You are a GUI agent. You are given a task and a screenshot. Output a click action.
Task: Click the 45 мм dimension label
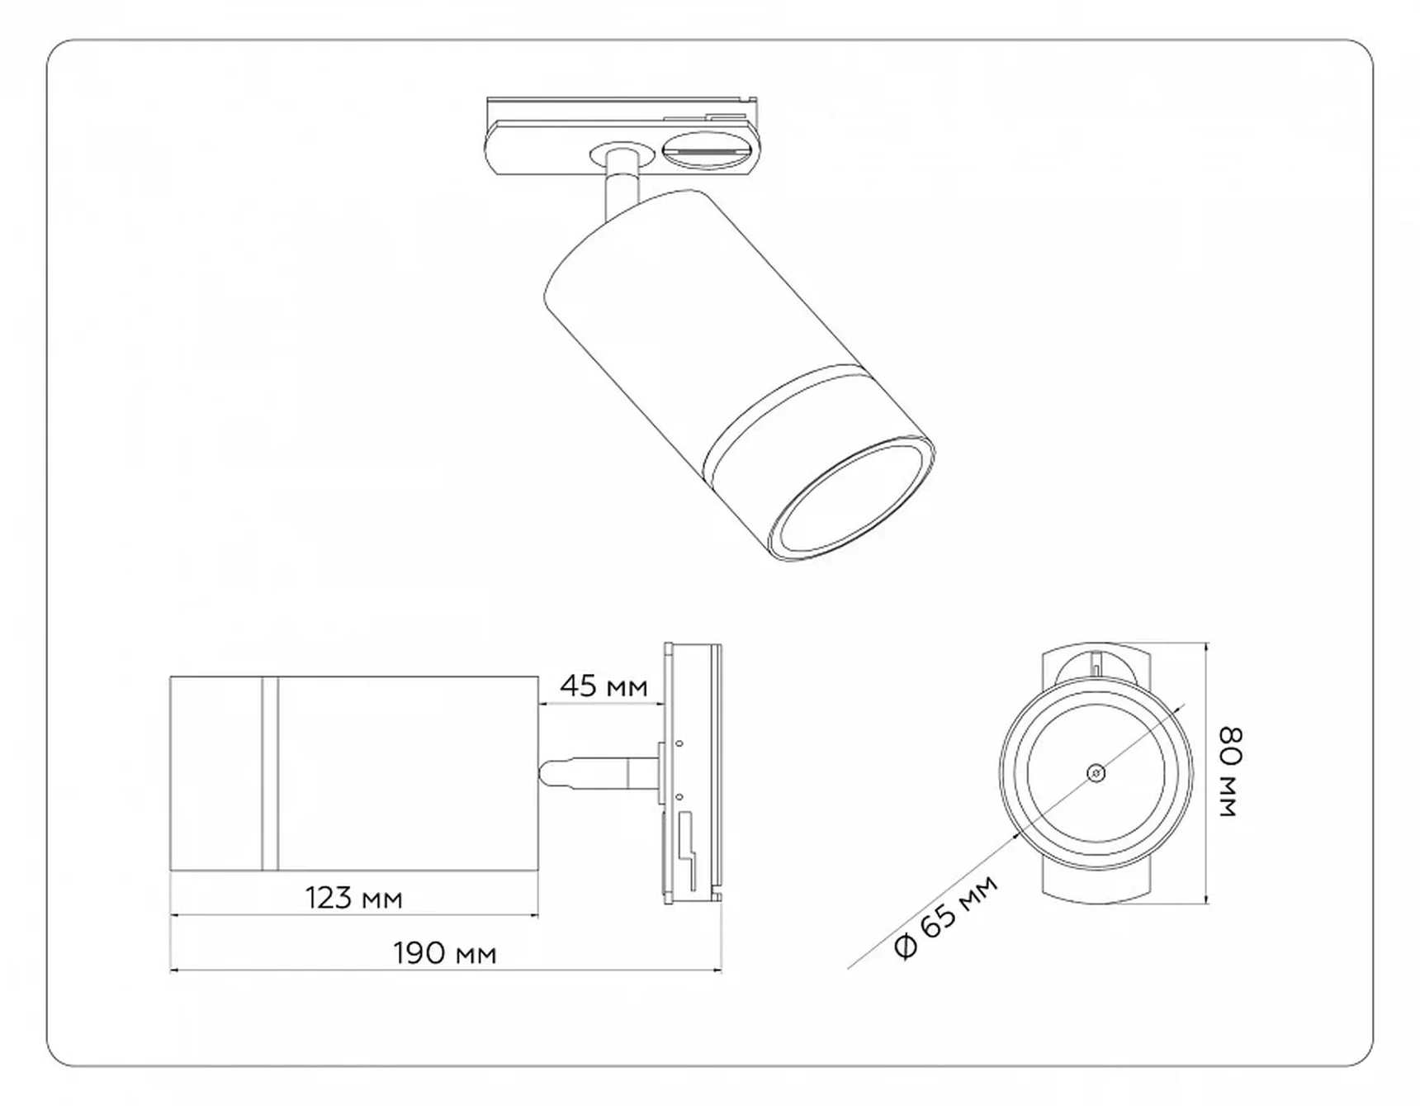[x=603, y=686]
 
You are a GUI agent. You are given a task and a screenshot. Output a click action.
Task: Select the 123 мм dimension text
[x=353, y=898]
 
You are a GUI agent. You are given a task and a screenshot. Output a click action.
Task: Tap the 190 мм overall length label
[x=445, y=954]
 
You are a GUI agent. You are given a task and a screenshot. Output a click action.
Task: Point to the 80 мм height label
[x=1231, y=772]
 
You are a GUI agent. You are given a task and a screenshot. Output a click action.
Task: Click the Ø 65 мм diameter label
[x=946, y=916]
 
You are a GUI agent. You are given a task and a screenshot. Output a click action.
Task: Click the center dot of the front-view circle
[x=1096, y=773]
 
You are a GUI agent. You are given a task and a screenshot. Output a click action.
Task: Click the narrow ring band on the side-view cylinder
[x=270, y=773]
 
